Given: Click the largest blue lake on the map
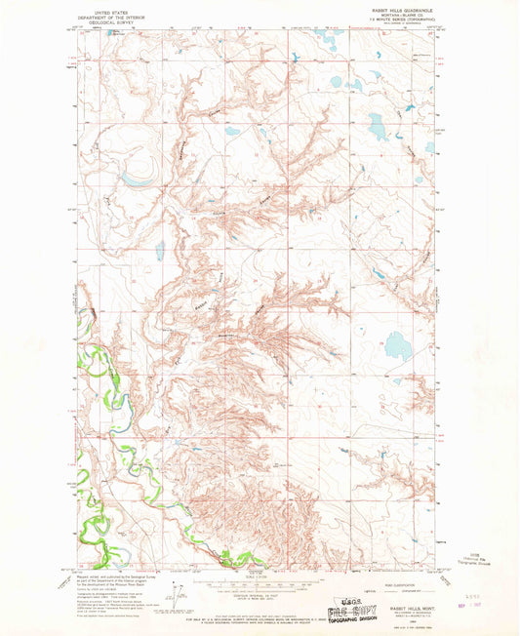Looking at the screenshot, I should point(397,346).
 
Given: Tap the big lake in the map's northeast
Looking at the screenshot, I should point(377,125).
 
